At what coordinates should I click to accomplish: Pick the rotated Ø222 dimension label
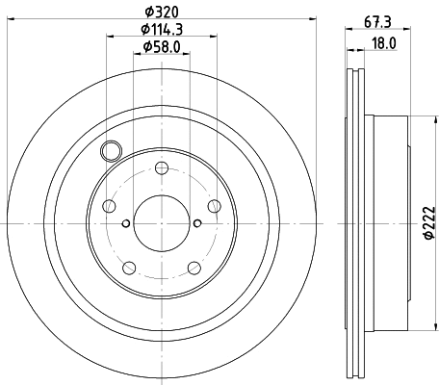[x=430, y=224]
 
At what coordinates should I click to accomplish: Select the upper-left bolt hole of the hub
[x=110, y=207]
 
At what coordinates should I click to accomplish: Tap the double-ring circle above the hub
[x=111, y=151]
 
